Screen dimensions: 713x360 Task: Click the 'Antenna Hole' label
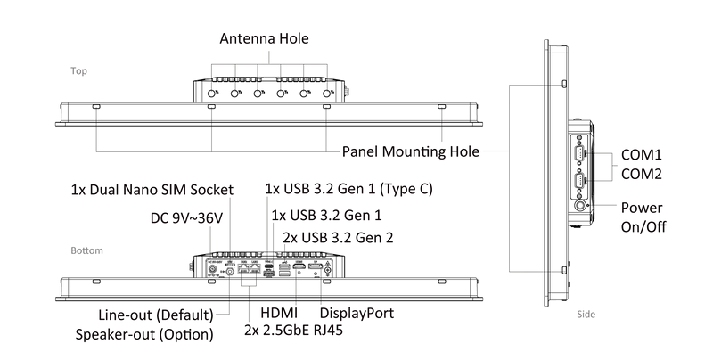[x=264, y=38]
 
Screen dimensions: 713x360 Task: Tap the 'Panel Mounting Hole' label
[x=411, y=151]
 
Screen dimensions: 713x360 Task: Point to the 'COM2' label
[x=642, y=174]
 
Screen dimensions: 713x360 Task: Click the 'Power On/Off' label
[x=643, y=217]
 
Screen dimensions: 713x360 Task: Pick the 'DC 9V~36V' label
[x=186, y=218]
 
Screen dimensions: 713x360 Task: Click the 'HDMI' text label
[x=279, y=313]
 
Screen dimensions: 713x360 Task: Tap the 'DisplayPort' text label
[x=357, y=313]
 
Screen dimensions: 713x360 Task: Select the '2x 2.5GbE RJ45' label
[x=294, y=330]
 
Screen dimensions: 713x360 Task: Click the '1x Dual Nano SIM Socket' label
[x=152, y=190]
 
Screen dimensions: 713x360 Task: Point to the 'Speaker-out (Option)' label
[x=144, y=334]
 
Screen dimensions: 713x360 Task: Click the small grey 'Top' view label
[x=78, y=71]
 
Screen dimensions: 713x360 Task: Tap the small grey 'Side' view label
[x=586, y=314]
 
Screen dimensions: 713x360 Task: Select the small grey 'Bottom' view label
[x=86, y=250]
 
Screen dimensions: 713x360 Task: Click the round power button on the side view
[x=580, y=206]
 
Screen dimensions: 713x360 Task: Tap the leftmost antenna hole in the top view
[x=211, y=94]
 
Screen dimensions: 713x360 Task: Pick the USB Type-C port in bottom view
[x=268, y=266]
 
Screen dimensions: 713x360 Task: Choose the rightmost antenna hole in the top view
[x=326, y=94]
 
